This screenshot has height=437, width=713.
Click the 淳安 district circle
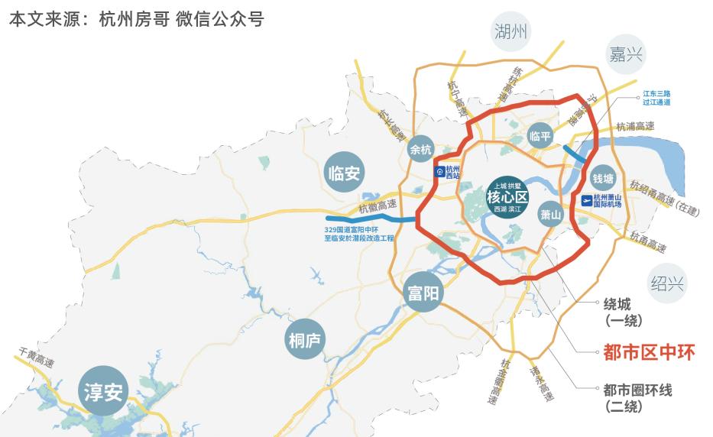coord(102,393)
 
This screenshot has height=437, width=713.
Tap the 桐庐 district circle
coord(307,339)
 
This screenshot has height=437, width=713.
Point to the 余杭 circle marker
coord(421,150)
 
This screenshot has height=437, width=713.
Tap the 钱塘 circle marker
coord(603,179)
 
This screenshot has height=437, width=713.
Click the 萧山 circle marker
coord(550,215)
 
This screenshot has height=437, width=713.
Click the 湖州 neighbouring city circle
coord(511,32)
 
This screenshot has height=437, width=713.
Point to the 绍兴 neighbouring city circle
coord(666,283)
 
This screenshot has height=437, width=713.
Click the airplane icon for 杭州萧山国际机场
coord(588,201)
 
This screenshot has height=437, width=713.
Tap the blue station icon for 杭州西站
coord(439,172)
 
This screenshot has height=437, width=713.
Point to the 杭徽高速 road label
coord(378,206)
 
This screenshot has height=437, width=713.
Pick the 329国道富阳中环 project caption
coord(359,234)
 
